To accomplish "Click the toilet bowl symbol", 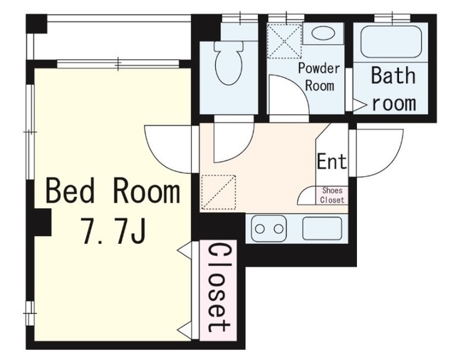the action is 229,63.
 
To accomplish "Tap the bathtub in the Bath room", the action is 391,42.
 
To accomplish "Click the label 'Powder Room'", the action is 319,77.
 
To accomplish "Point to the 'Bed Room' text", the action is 113,192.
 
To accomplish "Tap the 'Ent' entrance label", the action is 331,161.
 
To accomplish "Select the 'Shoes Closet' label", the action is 332,195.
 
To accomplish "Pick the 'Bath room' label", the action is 393,89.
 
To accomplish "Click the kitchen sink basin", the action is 322,228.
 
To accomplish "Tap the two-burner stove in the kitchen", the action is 269,229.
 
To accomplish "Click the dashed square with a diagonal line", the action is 219,192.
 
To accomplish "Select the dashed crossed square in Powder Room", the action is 285,41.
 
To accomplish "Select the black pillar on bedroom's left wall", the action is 43,222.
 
